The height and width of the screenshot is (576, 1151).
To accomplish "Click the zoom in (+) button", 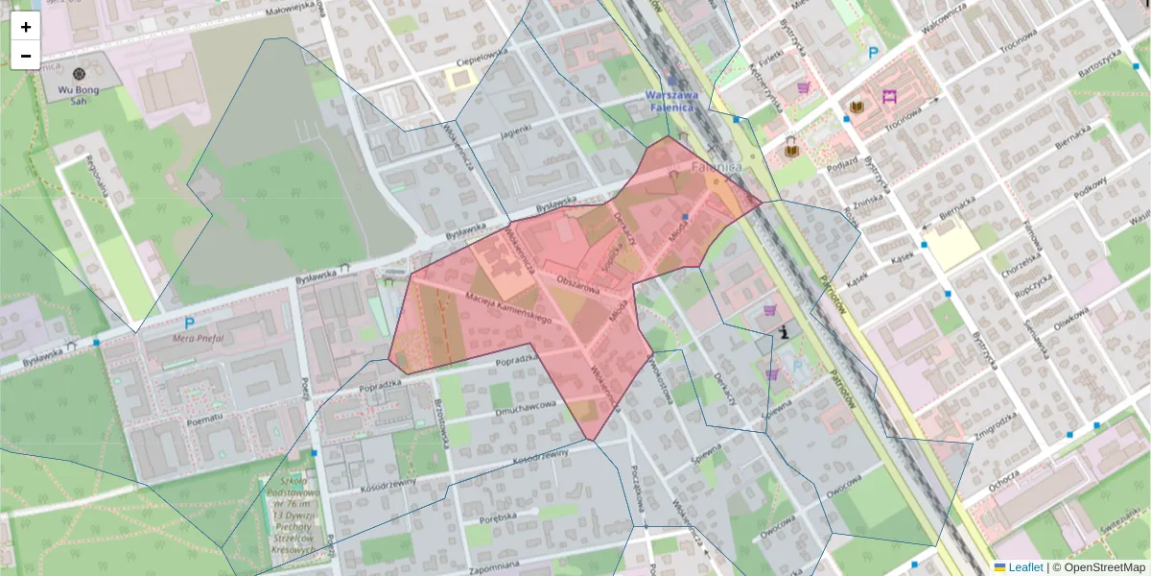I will pos(26,27).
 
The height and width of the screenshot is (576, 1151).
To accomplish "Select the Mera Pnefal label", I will pos(198,338).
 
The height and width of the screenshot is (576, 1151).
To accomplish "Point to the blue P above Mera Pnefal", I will pos(189,324).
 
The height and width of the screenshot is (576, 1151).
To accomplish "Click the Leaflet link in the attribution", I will pos(1025,567).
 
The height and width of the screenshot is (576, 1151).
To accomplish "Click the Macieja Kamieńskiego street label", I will pos(509,307).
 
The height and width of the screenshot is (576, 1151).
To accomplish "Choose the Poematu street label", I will pos(205,418).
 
